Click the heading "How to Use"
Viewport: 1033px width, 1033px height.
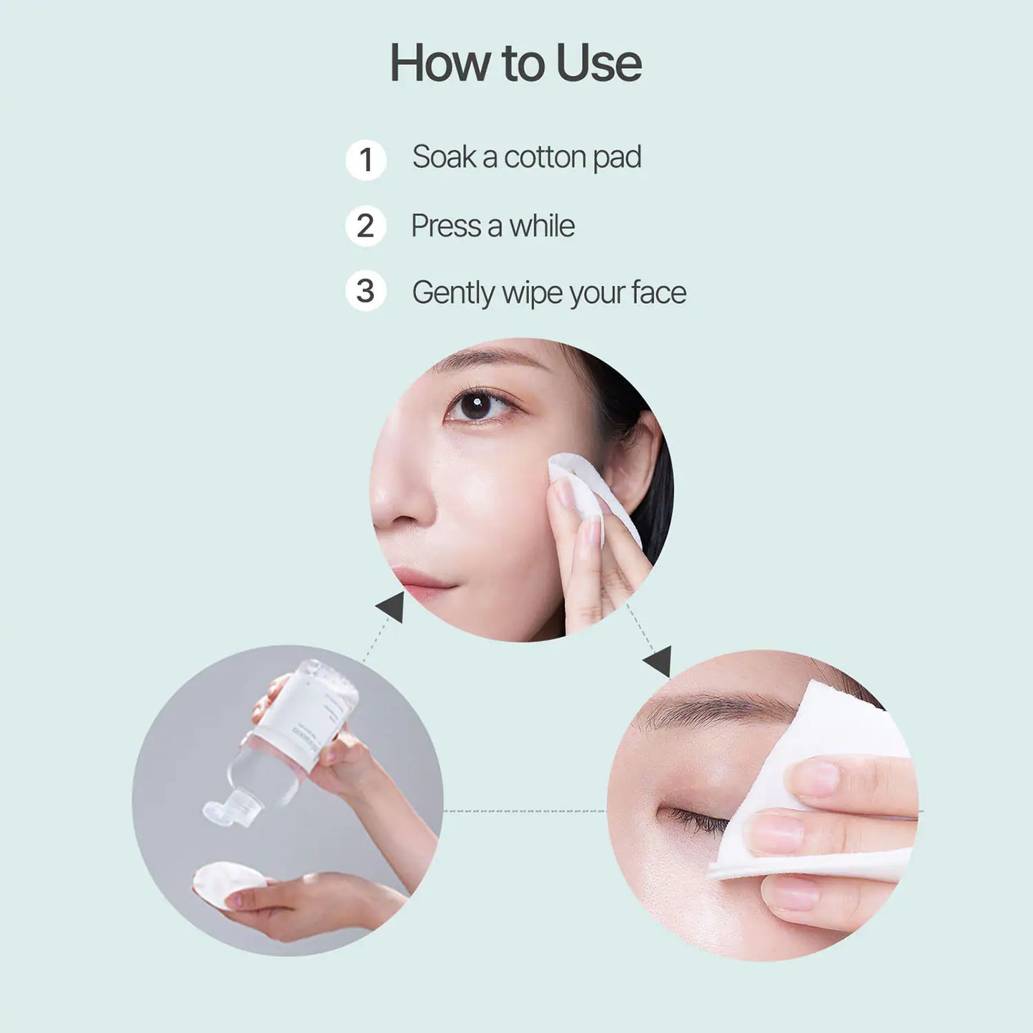(515, 63)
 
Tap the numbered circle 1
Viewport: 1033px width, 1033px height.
(366, 159)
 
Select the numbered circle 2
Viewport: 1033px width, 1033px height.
(365, 226)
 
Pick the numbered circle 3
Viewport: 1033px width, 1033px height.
(365, 291)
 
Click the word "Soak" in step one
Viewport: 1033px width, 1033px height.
(444, 157)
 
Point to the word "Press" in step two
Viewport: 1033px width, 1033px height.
(445, 226)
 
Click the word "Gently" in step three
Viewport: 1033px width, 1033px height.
(453, 293)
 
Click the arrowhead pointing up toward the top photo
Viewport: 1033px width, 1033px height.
(392, 607)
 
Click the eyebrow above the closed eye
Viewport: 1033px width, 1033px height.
(722, 711)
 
